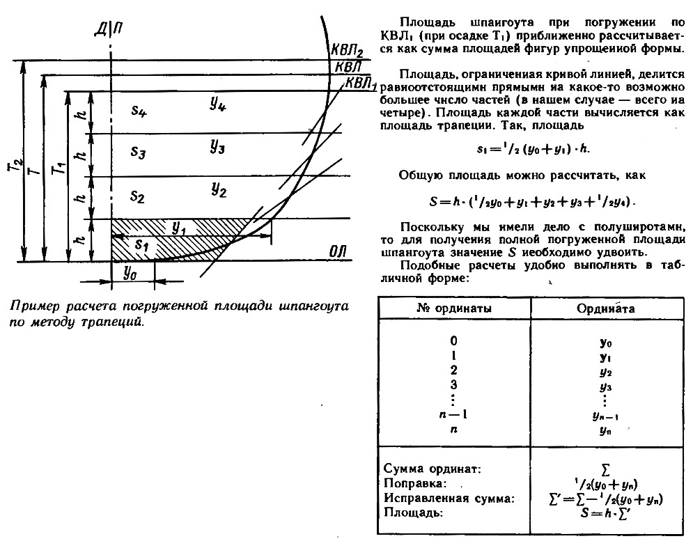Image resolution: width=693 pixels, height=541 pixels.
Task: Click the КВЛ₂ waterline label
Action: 348,51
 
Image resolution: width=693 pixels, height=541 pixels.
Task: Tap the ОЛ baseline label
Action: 338,252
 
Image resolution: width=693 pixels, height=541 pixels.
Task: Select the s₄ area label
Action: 139,111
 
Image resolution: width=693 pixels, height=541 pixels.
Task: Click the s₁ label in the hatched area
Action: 141,244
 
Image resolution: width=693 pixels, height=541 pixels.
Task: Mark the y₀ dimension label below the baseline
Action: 130,274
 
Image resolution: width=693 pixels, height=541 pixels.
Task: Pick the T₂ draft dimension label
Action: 16,166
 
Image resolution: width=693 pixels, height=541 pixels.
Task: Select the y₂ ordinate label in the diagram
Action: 219,190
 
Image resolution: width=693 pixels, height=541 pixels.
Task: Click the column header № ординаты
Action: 454,308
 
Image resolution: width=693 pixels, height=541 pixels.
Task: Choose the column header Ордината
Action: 605,308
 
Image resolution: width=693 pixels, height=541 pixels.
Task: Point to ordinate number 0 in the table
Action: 453,340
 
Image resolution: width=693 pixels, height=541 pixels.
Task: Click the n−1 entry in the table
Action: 453,414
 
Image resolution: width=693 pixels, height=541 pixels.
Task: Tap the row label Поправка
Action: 415,483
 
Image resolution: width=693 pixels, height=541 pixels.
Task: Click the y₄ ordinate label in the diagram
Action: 218,104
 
